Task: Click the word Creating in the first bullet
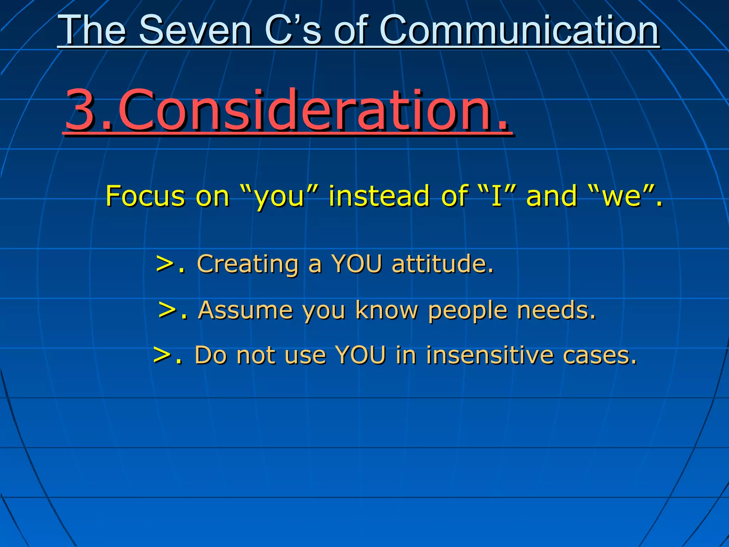click(248, 264)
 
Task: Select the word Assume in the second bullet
click(246, 310)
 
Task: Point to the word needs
click(556, 310)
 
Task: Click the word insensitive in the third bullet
click(489, 355)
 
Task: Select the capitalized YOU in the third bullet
click(360, 355)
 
